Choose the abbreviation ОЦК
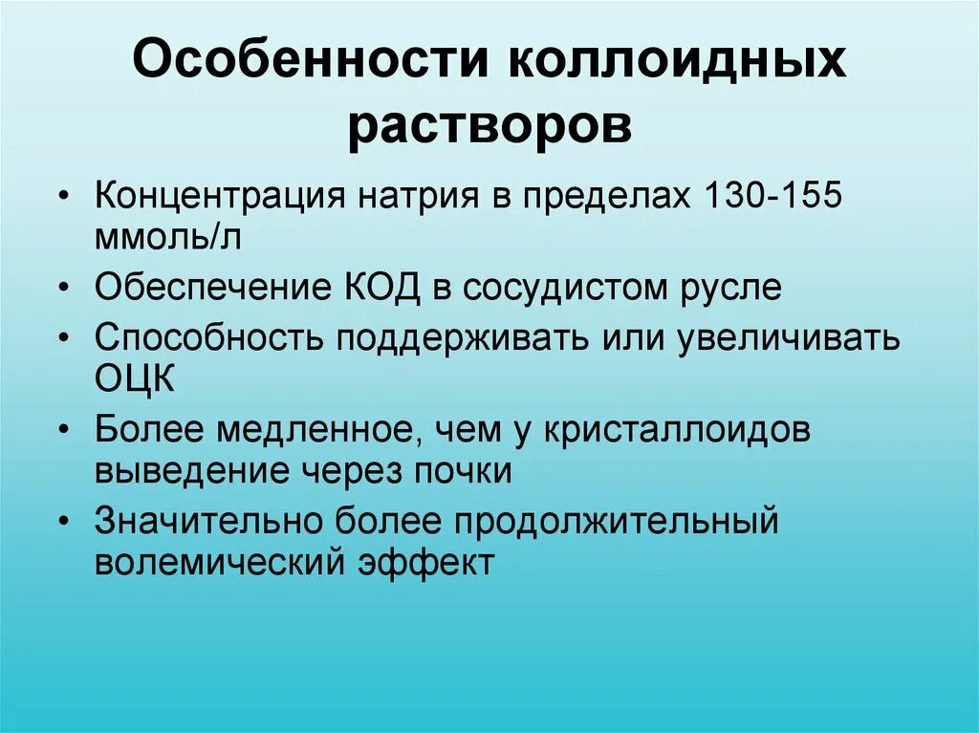(135, 380)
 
